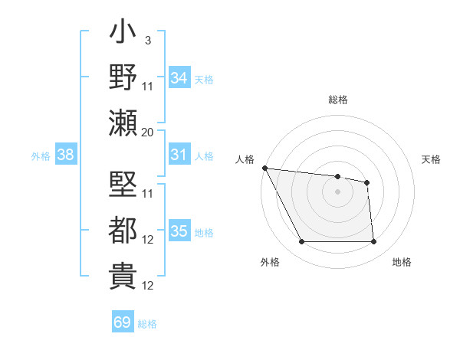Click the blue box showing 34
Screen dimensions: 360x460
click(x=179, y=77)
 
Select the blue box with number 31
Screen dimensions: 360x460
click(x=179, y=155)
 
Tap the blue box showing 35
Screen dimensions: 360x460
click(x=179, y=231)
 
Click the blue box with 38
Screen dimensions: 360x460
click(x=66, y=155)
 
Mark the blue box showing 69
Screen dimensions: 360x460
click(x=123, y=322)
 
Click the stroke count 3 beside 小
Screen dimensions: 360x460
click(x=147, y=40)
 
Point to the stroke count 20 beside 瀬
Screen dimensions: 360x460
click(x=147, y=132)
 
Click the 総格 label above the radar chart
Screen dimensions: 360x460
click(x=338, y=100)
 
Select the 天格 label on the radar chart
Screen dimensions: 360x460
click(x=432, y=159)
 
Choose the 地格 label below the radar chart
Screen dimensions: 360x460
click(x=402, y=263)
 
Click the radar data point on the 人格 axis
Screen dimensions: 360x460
click(x=264, y=168)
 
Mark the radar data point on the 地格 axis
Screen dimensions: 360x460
click(x=373, y=242)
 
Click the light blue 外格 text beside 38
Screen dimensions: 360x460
click(x=41, y=155)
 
